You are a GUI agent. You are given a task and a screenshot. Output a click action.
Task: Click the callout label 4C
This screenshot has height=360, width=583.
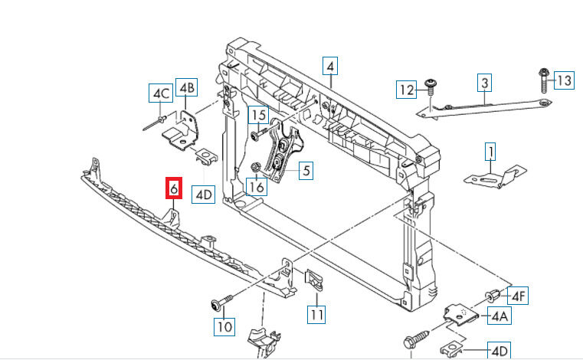click(x=160, y=93)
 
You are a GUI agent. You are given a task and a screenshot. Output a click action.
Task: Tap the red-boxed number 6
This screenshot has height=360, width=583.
click(x=173, y=188)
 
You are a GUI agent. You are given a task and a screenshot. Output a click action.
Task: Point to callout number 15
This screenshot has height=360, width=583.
click(x=259, y=116)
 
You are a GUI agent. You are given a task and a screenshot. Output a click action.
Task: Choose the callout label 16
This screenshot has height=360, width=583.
click(x=256, y=185)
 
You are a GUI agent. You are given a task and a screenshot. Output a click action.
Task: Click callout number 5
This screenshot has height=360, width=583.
click(x=305, y=171)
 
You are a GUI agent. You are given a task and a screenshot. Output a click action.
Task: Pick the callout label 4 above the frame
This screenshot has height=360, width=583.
click(x=329, y=67)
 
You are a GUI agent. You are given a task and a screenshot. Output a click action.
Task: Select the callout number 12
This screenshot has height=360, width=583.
click(x=406, y=90)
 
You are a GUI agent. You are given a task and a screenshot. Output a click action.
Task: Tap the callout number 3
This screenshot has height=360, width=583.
click(x=484, y=82)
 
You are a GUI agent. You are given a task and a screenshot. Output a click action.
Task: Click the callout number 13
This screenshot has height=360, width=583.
click(x=564, y=80)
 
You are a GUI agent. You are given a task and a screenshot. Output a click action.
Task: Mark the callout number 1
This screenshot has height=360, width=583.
click(x=490, y=152)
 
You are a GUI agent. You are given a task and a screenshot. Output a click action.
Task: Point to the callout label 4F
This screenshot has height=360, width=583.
click(x=519, y=295)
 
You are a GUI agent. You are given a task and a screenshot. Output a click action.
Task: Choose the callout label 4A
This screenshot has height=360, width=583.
click(x=499, y=314)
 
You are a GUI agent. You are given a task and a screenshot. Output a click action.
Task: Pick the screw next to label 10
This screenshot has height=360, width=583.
click(x=217, y=305)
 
